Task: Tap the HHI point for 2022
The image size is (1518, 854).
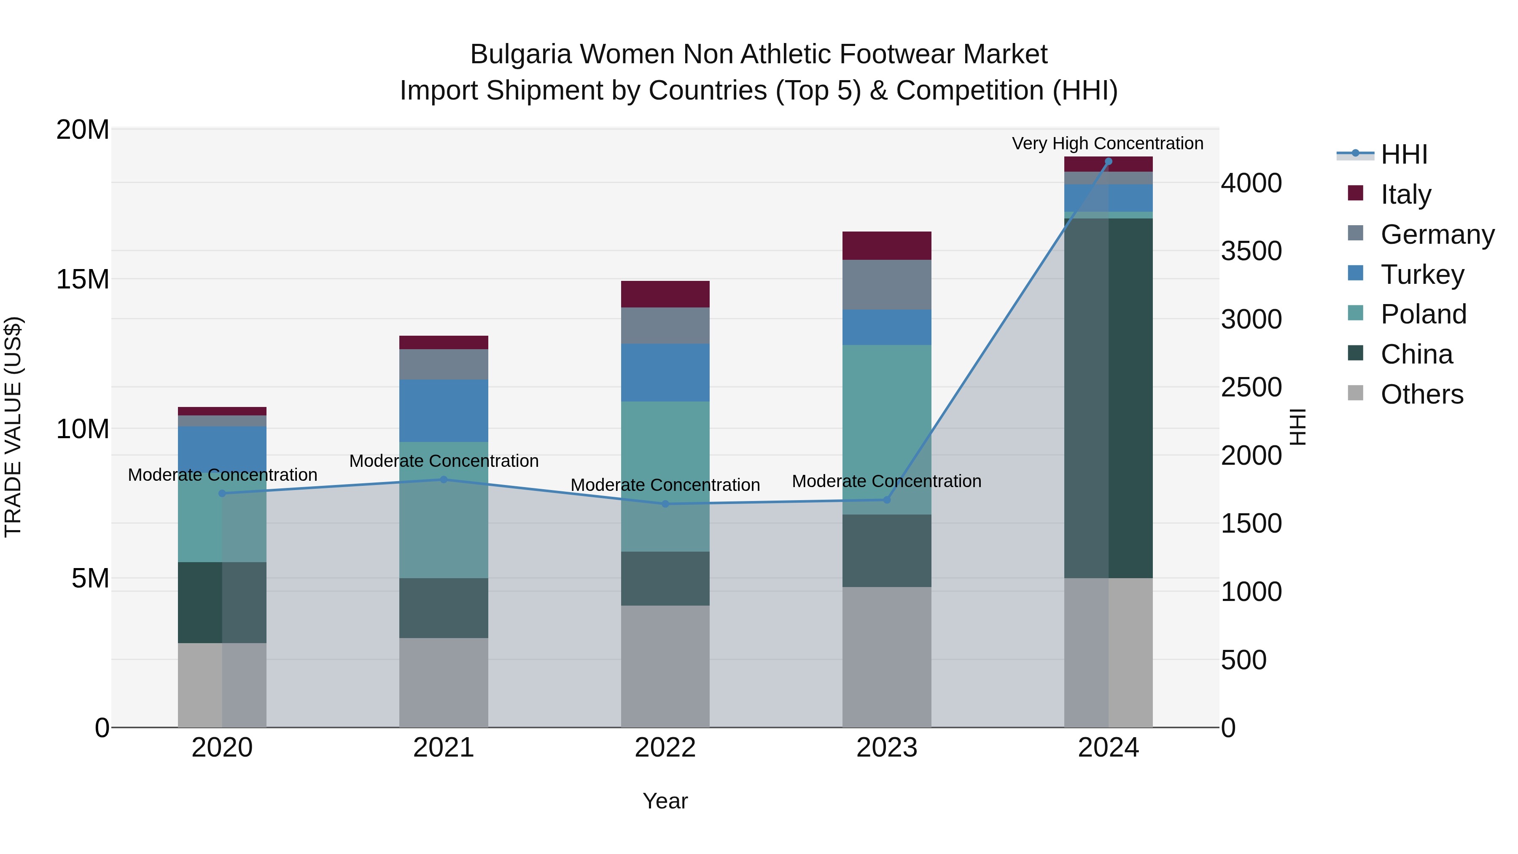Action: [x=665, y=504]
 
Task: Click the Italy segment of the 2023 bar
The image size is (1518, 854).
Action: [x=886, y=246]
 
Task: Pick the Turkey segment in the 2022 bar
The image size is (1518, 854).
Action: [x=665, y=372]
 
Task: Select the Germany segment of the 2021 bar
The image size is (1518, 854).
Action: [x=444, y=364]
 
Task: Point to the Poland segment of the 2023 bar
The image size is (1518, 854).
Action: [x=886, y=430]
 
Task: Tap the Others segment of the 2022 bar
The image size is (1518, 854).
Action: [x=665, y=666]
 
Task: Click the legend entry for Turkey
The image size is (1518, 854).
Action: [x=1422, y=275]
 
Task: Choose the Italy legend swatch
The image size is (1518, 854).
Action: [x=1355, y=193]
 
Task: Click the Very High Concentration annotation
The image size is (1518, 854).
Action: [x=1107, y=144]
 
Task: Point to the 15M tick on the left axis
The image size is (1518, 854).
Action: [x=83, y=279]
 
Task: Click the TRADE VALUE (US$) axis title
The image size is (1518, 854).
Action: [x=13, y=427]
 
